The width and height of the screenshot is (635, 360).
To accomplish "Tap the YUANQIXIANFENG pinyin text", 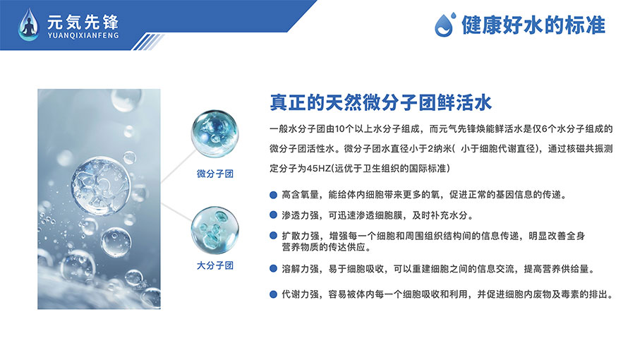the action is click(83, 35).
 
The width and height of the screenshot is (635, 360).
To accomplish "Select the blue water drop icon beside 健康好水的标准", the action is click(445, 25).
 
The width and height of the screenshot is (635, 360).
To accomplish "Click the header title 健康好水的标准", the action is click(533, 25).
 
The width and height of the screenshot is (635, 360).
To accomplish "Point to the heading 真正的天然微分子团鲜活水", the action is click(381, 102).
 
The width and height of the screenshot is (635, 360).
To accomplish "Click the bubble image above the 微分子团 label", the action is click(214, 133).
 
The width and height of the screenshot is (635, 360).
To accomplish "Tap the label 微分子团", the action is click(215, 174).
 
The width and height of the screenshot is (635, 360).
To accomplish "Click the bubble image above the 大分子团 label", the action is click(214, 230).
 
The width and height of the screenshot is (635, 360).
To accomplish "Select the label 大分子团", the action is click(215, 265).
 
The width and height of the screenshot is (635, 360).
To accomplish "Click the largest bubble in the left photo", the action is click(100, 185).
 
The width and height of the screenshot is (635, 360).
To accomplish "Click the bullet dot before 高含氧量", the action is click(273, 195).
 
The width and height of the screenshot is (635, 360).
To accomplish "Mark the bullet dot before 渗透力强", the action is click(273, 215).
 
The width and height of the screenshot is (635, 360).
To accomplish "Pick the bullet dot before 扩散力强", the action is click(273, 236).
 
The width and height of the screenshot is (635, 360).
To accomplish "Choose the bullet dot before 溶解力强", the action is click(273, 268).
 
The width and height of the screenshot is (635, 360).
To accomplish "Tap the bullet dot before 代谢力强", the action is click(273, 294).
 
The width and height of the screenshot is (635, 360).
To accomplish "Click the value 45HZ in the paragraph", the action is click(319, 169).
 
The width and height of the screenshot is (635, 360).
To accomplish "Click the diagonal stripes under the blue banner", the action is click(148, 42).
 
